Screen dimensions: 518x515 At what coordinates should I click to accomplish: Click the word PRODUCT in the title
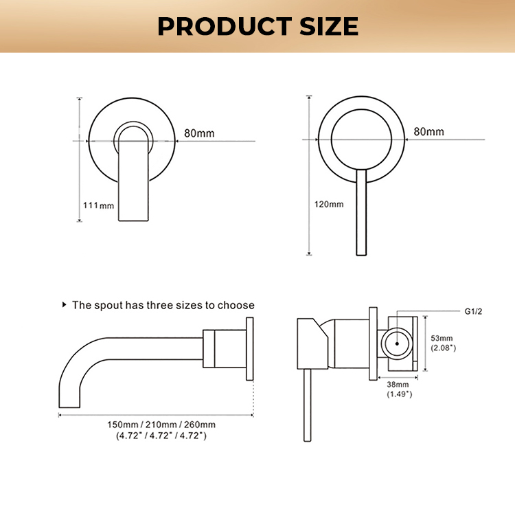[x=218, y=26]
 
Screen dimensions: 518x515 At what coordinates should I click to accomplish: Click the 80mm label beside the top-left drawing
[x=201, y=133]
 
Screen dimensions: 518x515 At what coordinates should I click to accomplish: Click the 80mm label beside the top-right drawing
[x=428, y=131]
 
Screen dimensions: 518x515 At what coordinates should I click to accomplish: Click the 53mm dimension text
[x=442, y=338]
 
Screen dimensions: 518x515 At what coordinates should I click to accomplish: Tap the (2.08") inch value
[x=443, y=348]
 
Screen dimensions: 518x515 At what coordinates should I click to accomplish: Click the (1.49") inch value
[x=398, y=394]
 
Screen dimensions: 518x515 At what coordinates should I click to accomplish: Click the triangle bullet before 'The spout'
[x=65, y=304]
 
